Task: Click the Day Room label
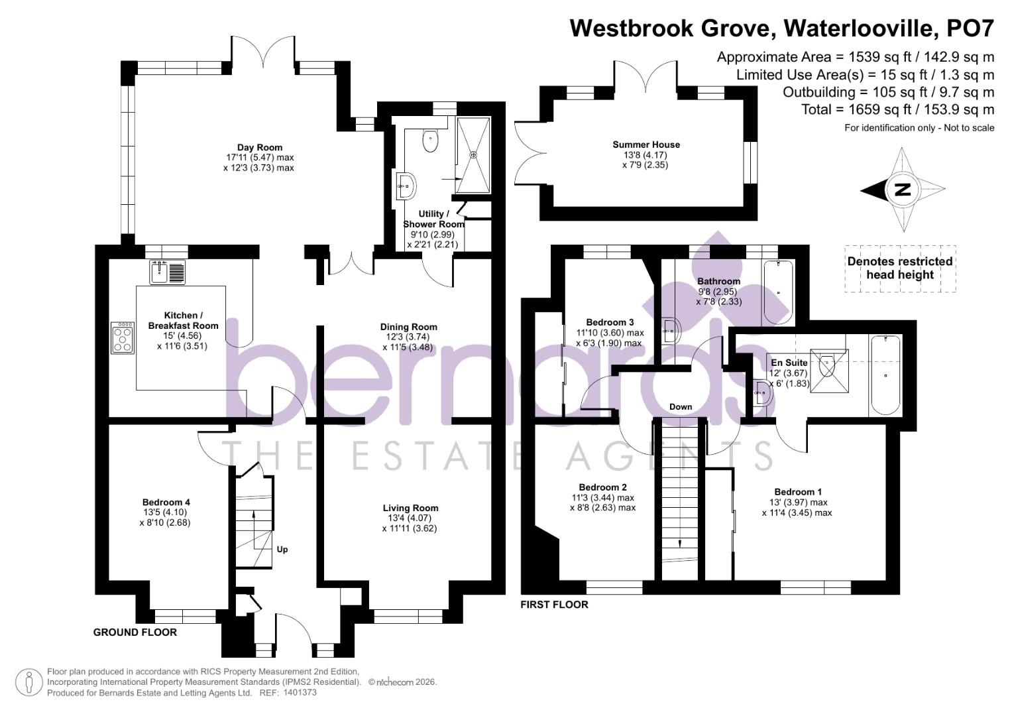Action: pos(260,148)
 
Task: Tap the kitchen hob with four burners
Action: pos(123,338)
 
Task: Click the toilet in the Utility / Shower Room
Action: pos(431,140)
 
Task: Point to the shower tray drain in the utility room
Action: pos(473,154)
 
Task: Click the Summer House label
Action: pos(646,145)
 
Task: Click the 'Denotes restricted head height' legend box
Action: pos(900,268)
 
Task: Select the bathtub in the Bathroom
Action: pos(778,292)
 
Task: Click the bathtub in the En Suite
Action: pos(885,375)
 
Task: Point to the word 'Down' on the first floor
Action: pos(681,407)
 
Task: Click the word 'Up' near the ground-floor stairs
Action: pos(282,550)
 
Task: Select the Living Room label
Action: pos(410,508)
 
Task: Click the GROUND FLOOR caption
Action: pos(135,632)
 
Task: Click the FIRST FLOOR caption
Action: pos(554,605)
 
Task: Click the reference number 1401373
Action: pos(300,693)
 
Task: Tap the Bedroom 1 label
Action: pos(798,492)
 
